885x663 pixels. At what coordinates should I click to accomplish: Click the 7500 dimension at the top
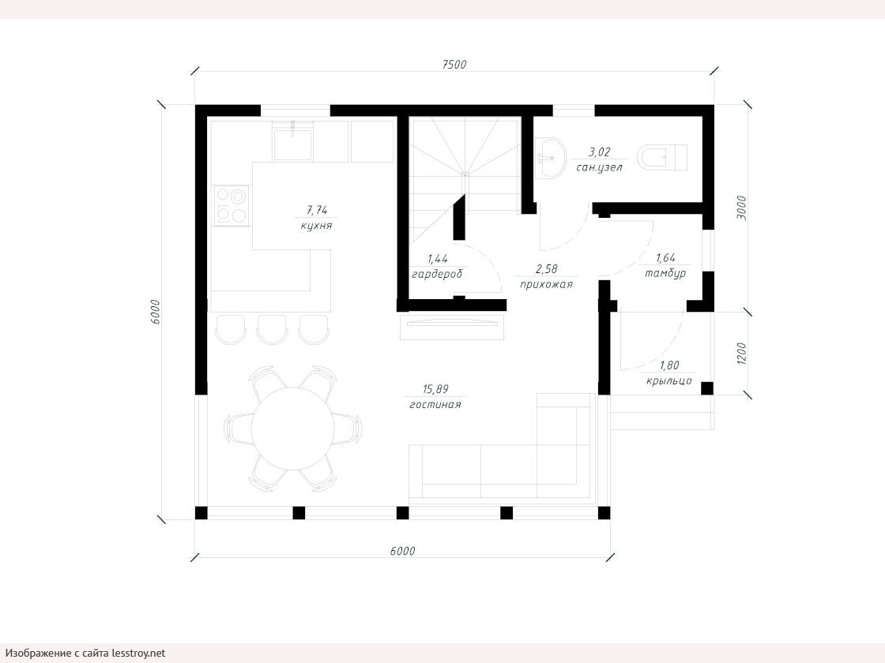454,64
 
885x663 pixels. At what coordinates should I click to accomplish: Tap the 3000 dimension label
741,208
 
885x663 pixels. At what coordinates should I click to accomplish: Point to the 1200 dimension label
741,354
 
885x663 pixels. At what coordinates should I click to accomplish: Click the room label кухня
316,226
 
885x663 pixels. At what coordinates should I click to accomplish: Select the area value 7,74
317,210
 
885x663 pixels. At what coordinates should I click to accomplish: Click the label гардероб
437,274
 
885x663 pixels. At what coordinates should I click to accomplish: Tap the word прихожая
546,285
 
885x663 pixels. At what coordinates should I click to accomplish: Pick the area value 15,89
435,389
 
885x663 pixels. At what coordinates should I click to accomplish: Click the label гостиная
435,404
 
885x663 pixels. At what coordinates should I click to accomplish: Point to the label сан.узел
599,167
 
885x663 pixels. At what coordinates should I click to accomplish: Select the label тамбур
665,273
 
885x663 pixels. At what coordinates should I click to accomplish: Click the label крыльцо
668,380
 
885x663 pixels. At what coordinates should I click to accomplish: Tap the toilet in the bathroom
663,157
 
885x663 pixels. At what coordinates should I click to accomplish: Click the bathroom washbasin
550,158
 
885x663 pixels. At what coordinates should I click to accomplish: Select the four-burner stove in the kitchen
231,205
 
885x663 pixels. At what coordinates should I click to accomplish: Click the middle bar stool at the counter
272,329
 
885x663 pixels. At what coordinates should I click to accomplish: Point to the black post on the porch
706,388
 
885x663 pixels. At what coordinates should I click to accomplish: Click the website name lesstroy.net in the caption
138,653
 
